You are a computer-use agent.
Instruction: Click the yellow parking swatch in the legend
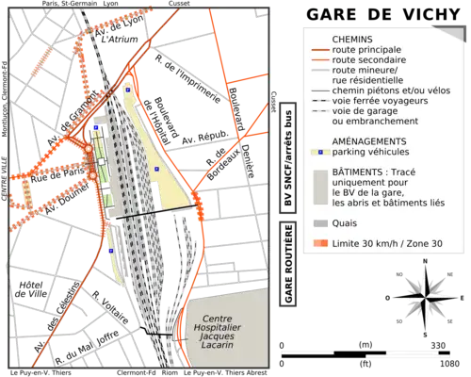tap(319, 151)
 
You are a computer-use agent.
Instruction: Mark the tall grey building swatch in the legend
tap(319, 188)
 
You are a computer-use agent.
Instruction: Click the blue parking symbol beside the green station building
tap(95, 127)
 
